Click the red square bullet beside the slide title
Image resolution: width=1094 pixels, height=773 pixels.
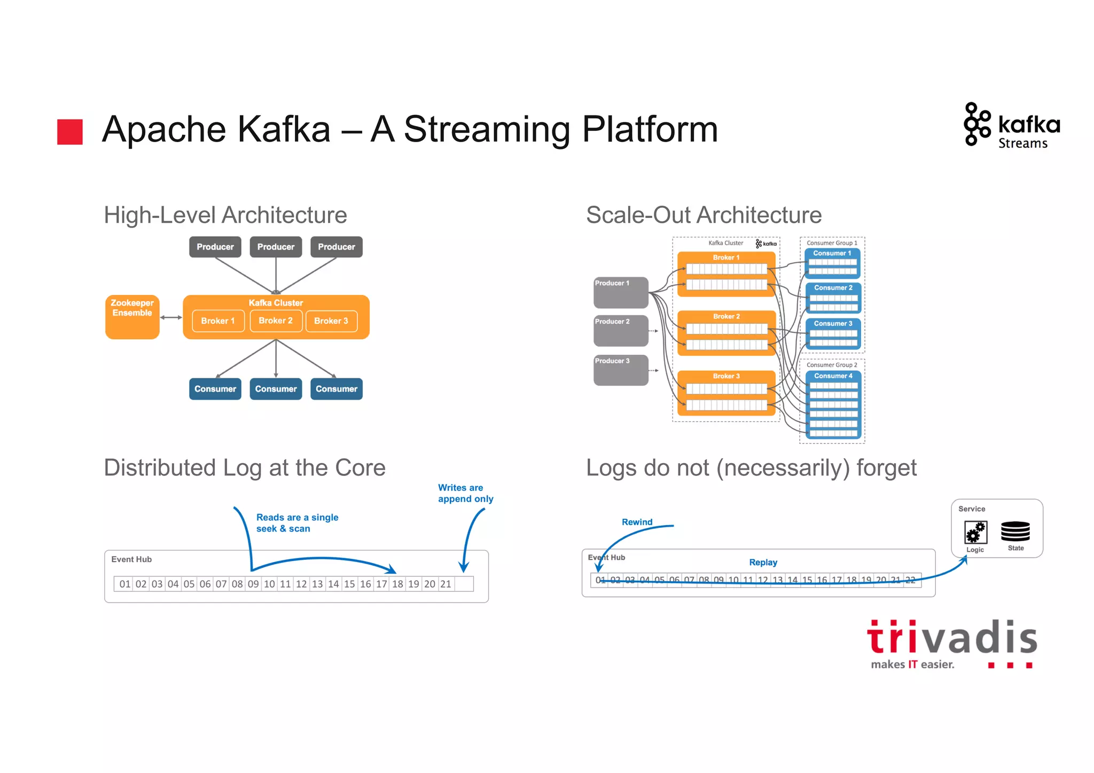(x=70, y=131)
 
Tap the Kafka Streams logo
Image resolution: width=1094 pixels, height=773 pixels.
(x=1012, y=125)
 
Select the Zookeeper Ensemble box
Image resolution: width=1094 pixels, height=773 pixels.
(x=132, y=317)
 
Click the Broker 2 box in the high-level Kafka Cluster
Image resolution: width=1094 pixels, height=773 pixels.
(x=276, y=321)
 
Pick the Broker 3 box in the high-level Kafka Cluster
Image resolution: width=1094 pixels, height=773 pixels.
(x=331, y=321)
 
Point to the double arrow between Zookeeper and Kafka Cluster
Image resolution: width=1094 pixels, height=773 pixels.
(x=171, y=317)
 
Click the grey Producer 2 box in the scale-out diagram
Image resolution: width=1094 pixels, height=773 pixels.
(x=621, y=330)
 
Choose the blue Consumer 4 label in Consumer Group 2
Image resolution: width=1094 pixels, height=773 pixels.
(x=833, y=376)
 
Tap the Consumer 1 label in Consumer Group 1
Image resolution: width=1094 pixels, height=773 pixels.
(x=832, y=253)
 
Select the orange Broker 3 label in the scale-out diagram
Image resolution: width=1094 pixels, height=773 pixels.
(x=726, y=376)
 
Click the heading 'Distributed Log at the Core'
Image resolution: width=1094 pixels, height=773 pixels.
(x=245, y=468)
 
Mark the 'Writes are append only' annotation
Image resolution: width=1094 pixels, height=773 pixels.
(x=465, y=493)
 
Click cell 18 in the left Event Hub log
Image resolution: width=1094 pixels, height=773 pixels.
(x=397, y=584)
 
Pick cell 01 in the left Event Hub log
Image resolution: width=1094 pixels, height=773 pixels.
(x=124, y=584)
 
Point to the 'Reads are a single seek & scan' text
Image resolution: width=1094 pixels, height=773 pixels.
(x=297, y=523)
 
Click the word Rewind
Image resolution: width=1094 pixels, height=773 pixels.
(x=637, y=522)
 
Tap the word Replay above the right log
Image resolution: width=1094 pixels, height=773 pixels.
(x=763, y=563)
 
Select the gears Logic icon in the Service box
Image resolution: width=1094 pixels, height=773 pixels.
(x=975, y=532)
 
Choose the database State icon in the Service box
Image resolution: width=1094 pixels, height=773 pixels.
(x=1015, y=532)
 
